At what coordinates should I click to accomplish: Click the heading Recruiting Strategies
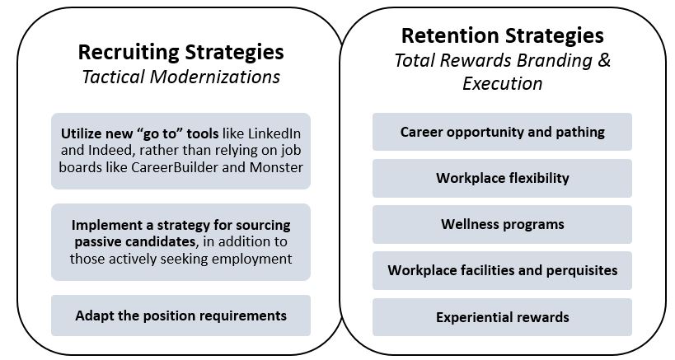point(180,53)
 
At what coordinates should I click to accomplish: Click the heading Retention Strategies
point(503,36)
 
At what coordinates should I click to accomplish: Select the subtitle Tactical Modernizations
point(180,77)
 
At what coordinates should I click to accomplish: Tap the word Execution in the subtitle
point(503,83)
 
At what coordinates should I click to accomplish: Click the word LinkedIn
point(274,133)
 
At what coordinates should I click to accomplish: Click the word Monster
point(276,167)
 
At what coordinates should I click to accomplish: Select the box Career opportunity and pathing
point(502,132)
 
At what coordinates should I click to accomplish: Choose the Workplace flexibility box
point(502,178)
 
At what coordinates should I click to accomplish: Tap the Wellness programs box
point(502,225)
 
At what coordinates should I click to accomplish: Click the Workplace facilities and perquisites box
point(502,270)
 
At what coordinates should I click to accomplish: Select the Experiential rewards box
point(502,317)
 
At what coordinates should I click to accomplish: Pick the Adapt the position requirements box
point(180,316)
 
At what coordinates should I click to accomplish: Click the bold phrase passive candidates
point(134,241)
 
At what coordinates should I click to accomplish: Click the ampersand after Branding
point(604,60)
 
